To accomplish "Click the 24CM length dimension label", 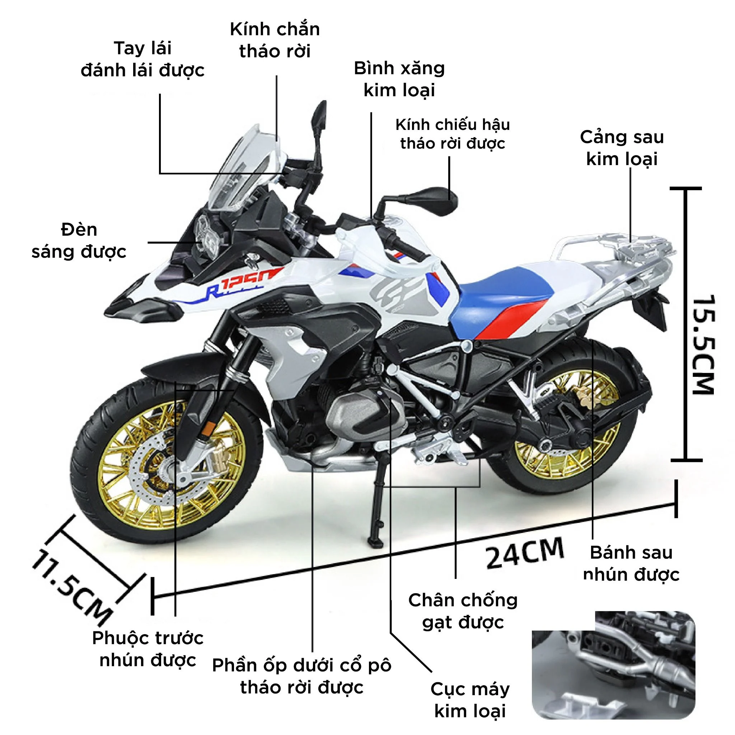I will click(x=524, y=553).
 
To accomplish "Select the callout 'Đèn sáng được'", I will click(x=79, y=241).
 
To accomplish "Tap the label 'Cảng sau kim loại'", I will click(x=622, y=148).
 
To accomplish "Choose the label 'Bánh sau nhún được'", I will click(x=631, y=563).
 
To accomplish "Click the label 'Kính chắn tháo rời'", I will click(x=275, y=40).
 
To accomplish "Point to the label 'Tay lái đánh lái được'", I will click(x=143, y=59).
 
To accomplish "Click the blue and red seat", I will click(x=502, y=300).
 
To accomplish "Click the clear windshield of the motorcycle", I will click(x=243, y=167).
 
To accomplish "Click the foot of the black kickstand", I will click(x=375, y=540).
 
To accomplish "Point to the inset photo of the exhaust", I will click(x=613, y=665).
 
